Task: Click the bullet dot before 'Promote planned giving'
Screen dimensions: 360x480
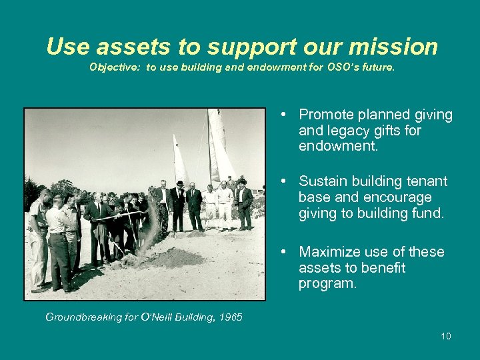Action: pyautogui.click(x=284, y=115)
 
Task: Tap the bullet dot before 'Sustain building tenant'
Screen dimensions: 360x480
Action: pyautogui.click(x=284, y=181)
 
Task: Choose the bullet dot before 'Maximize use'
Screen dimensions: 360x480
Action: pyautogui.click(x=284, y=252)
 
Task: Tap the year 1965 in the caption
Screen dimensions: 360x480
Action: pyautogui.click(x=230, y=317)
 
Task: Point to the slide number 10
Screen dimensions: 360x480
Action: pyautogui.click(x=445, y=336)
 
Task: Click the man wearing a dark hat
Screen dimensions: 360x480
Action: pyautogui.click(x=178, y=203)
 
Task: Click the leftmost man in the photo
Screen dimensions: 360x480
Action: pyautogui.click(x=38, y=240)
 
